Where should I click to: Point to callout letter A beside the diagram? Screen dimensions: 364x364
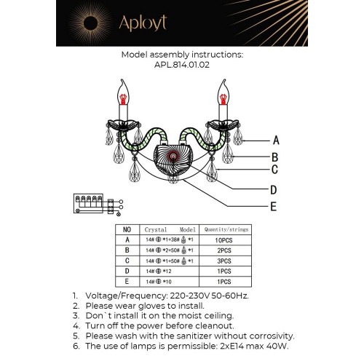[275, 140]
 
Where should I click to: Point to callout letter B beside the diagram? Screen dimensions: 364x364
[275, 156]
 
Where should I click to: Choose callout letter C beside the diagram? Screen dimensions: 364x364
[275, 171]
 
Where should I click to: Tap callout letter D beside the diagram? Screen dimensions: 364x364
[274, 190]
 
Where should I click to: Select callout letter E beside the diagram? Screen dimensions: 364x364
[274, 207]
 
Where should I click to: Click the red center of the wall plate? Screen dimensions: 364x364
[173, 156]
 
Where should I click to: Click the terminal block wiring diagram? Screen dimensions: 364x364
[95, 204]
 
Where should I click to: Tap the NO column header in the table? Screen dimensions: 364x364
[127, 228]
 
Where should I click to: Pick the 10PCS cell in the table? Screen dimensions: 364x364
[223, 239]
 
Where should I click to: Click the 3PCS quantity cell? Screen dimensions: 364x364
[223, 260]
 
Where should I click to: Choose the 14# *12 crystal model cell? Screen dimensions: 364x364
[161, 270]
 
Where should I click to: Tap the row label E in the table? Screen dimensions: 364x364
[127, 281]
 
